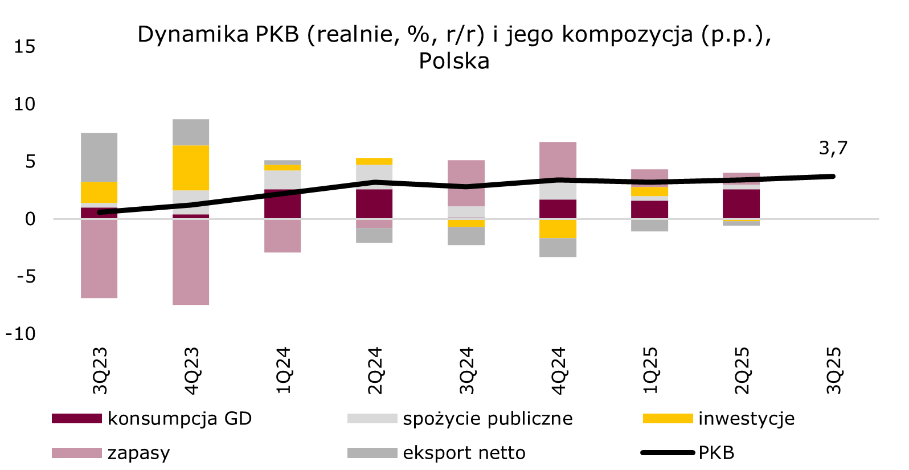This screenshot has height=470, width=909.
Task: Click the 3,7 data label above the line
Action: click(833, 148)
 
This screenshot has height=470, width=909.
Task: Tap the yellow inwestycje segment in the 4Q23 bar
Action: click(191, 167)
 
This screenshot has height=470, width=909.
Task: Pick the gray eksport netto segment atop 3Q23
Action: click(99, 157)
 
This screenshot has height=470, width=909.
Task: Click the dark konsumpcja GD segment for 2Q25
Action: click(742, 203)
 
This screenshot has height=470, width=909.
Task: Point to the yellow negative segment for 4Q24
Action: click(558, 228)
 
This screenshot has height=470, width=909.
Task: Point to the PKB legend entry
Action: click(716, 453)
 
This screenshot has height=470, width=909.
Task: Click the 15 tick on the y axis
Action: click(24, 47)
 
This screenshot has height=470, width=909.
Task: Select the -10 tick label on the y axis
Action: click(21, 334)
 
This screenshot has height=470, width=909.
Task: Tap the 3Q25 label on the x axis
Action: click(834, 370)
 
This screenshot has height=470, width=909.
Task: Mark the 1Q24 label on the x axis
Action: click(283, 370)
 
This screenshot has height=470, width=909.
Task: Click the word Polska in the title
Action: click(454, 61)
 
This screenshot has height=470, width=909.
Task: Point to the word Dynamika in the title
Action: click(193, 35)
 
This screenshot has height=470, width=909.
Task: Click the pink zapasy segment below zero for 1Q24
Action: click(282, 236)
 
